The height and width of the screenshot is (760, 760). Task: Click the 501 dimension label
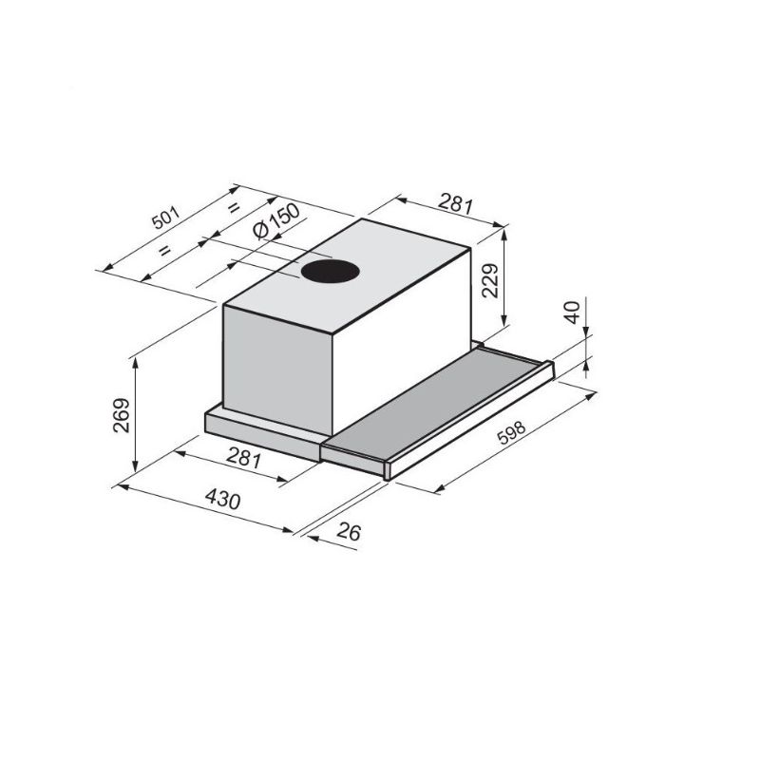pos(165,218)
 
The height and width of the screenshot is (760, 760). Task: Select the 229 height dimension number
pos(490,280)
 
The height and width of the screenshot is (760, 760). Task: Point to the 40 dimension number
pos(573,312)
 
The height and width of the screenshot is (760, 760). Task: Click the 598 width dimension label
pos(511,432)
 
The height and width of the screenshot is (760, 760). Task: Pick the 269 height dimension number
pos(122,415)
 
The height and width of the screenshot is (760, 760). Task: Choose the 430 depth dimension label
pos(222,499)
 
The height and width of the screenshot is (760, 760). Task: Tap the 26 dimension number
pos(349,532)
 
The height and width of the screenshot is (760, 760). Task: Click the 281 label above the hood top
pos(455,203)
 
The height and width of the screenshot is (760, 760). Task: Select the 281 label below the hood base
pos(244,458)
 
